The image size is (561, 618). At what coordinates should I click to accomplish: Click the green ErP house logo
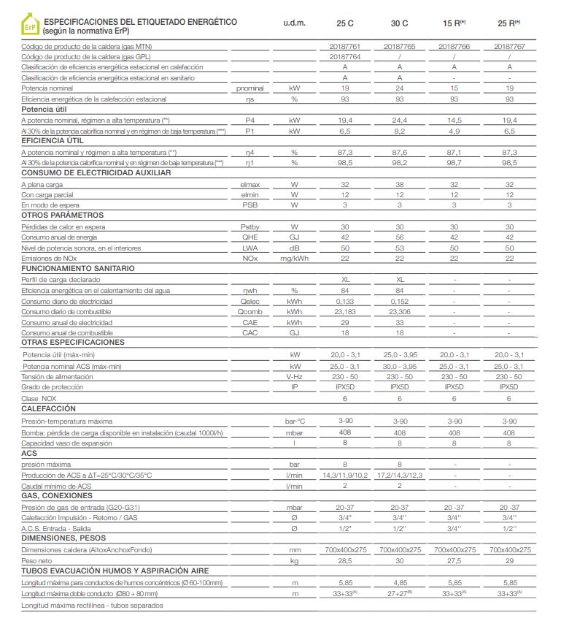(x=29, y=27)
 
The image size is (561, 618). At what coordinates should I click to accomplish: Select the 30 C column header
(x=399, y=23)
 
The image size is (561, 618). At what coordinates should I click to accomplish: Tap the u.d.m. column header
(x=294, y=23)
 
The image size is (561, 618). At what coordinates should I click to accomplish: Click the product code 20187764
(x=344, y=56)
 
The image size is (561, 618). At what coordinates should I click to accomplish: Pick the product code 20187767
(x=509, y=46)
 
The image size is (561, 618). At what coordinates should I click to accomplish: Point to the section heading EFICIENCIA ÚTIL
(x=53, y=140)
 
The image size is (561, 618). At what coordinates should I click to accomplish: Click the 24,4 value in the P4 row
(x=399, y=120)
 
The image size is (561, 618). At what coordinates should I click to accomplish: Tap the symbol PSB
(x=249, y=205)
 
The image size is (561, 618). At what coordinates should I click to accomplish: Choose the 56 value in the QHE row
(x=399, y=237)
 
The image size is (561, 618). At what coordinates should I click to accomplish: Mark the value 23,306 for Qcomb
(x=399, y=311)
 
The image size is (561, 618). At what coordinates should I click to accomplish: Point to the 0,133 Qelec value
(x=344, y=300)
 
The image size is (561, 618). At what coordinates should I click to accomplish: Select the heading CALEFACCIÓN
(x=49, y=409)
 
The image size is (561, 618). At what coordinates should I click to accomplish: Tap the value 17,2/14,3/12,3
(x=399, y=476)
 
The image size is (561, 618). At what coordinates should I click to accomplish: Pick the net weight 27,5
(x=454, y=560)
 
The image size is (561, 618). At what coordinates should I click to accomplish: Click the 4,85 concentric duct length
(x=399, y=582)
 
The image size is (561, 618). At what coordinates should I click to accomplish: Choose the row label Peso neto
(x=37, y=560)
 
